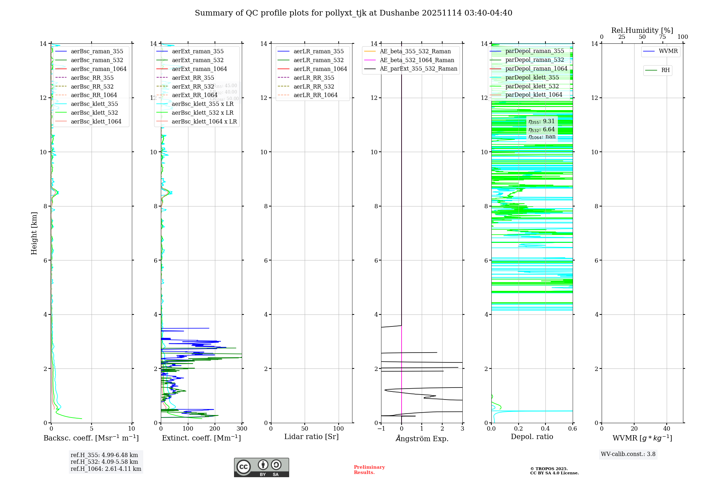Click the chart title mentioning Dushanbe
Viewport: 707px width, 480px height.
point(353,13)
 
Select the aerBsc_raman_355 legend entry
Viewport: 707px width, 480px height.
point(97,52)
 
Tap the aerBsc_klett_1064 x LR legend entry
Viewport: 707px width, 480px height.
point(204,121)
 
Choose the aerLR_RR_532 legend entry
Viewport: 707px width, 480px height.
point(314,86)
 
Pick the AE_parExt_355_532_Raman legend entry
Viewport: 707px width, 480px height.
point(418,69)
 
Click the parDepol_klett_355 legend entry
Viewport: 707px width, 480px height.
point(532,78)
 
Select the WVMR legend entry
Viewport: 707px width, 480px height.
point(668,51)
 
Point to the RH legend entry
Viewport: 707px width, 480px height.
point(665,70)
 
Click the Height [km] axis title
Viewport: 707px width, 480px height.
point(34,233)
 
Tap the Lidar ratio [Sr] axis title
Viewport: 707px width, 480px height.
point(311,437)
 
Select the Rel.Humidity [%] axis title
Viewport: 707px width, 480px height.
point(642,30)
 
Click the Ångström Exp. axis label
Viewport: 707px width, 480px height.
point(422,439)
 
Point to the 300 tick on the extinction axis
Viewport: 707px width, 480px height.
point(242,429)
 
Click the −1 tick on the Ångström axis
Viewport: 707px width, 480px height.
point(381,429)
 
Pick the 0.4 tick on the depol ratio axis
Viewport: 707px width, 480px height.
point(545,429)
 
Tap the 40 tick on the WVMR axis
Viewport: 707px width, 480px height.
point(667,429)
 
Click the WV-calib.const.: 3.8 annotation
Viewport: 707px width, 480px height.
point(628,454)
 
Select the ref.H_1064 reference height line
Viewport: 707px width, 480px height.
point(106,469)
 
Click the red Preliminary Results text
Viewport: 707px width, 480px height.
point(369,470)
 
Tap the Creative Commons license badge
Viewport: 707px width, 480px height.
point(261,467)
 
